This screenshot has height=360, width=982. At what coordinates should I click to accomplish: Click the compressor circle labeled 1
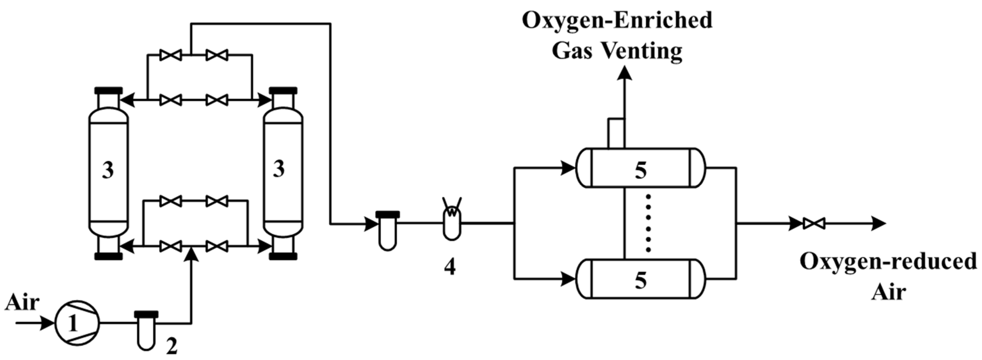(x=77, y=323)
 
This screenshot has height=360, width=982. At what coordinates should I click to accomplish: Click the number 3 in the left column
(x=108, y=170)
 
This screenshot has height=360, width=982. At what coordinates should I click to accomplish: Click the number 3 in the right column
(x=279, y=169)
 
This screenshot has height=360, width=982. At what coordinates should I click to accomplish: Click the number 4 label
(x=450, y=267)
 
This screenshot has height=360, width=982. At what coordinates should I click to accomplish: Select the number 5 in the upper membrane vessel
(x=640, y=170)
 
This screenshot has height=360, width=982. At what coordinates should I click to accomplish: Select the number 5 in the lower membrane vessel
(x=640, y=281)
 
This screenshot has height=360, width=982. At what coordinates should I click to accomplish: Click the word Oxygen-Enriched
(x=617, y=20)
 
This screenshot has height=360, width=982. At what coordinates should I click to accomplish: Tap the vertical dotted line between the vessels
(x=648, y=223)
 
